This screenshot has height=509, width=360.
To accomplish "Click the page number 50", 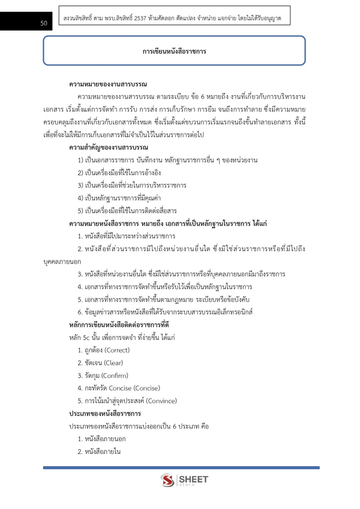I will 44,23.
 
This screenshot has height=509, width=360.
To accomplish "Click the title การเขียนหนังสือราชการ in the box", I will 174,52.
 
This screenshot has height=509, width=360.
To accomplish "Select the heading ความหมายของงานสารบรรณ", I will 108,84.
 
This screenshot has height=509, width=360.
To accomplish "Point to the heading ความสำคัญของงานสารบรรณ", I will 108,147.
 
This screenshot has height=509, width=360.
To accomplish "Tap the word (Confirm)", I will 114,375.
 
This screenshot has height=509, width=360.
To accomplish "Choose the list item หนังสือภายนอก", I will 99,439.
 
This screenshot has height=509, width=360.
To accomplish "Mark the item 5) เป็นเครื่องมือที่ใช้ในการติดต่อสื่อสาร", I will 127,210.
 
